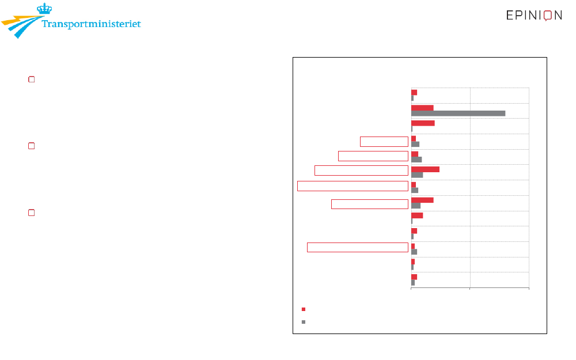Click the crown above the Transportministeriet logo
(44, 9)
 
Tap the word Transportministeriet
(91, 24)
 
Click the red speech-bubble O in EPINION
(548, 16)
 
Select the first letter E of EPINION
(510, 15)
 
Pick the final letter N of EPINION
(558, 15)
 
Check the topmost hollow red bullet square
(32, 79)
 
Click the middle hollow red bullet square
(32, 146)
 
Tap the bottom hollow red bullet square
(32, 213)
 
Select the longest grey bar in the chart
(458, 113)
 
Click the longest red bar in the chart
(425, 169)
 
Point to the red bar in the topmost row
(414, 93)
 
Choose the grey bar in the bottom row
(413, 283)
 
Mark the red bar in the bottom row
(414, 277)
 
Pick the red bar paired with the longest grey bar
(422, 108)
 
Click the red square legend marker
(304, 309)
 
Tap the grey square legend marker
(304, 322)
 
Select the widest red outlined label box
(353, 186)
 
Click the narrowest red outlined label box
(384, 142)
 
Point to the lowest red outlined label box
(358, 248)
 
